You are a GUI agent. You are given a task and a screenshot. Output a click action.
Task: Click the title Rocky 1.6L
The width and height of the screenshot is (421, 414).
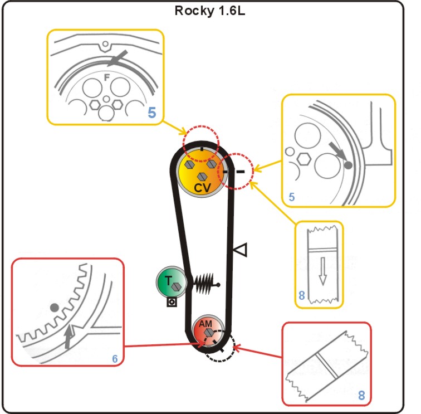coord(210,11)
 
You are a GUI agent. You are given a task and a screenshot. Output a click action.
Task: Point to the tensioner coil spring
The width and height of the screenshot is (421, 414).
coord(202,283)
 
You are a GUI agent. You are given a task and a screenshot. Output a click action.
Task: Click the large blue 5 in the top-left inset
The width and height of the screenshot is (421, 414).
coord(153,114)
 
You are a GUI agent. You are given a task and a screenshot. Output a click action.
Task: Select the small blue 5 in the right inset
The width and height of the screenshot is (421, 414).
coord(292,196)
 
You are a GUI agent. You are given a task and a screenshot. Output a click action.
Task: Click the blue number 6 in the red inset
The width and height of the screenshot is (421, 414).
coord(115,359)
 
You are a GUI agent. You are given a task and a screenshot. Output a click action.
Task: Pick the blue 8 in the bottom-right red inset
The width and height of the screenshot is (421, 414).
coord(361,396)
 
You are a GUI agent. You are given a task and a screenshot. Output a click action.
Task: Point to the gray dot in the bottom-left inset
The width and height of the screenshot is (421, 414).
coord(55,308)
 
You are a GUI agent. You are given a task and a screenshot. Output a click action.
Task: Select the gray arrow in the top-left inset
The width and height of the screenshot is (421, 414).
coord(119,59)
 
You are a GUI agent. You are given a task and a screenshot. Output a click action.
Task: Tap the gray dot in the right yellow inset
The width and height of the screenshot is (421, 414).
coord(349,165)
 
